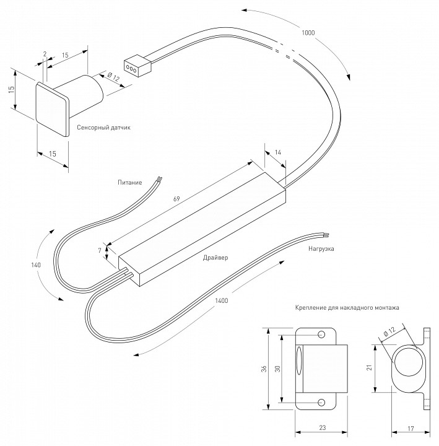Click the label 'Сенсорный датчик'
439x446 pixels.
(x=103, y=127)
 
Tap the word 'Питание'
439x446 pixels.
(x=130, y=182)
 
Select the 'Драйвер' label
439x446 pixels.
(x=215, y=256)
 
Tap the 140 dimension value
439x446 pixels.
(x=35, y=265)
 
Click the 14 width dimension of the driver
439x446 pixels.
(x=277, y=152)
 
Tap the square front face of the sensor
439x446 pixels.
(x=51, y=107)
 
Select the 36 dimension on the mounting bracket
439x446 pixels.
(x=264, y=369)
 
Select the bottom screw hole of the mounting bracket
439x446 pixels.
(x=322, y=402)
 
